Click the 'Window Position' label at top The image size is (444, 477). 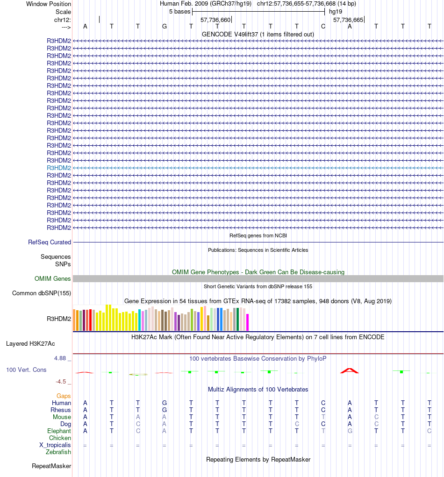point(49,4)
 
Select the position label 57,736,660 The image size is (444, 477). point(215,20)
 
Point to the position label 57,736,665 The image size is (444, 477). point(348,20)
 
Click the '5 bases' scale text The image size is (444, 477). point(179,11)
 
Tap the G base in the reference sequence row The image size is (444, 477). point(165,27)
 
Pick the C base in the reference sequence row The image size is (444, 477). point(323,27)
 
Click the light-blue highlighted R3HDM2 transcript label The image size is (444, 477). point(59,168)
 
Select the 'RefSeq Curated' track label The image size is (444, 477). point(50,242)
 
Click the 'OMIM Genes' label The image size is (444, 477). point(53,278)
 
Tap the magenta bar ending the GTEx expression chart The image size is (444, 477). point(248,322)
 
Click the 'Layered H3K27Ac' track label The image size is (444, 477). point(30,343)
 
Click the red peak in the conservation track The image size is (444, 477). point(349,370)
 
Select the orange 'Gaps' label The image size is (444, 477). point(64,396)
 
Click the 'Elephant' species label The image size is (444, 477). point(59,431)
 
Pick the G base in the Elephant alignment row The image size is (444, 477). point(350,431)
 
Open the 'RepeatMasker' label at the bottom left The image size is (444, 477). point(51,466)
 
